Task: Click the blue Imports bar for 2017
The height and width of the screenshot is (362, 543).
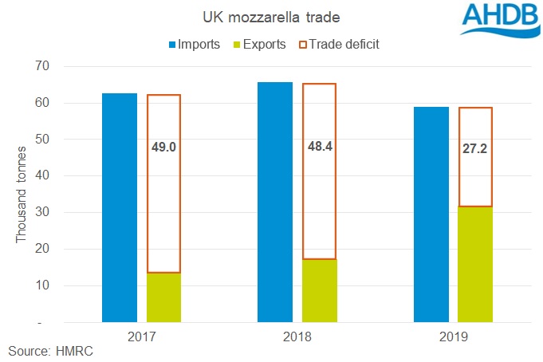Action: (120, 207)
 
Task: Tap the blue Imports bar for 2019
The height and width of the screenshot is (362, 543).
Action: (431, 214)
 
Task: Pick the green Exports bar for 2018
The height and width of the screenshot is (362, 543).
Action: (319, 290)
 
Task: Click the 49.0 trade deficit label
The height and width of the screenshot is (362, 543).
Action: (163, 148)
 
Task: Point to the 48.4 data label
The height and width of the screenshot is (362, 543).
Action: (319, 148)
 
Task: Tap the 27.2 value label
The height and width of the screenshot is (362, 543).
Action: (474, 148)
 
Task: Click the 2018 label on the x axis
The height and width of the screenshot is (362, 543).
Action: (297, 337)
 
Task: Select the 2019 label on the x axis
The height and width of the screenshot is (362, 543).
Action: (452, 337)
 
